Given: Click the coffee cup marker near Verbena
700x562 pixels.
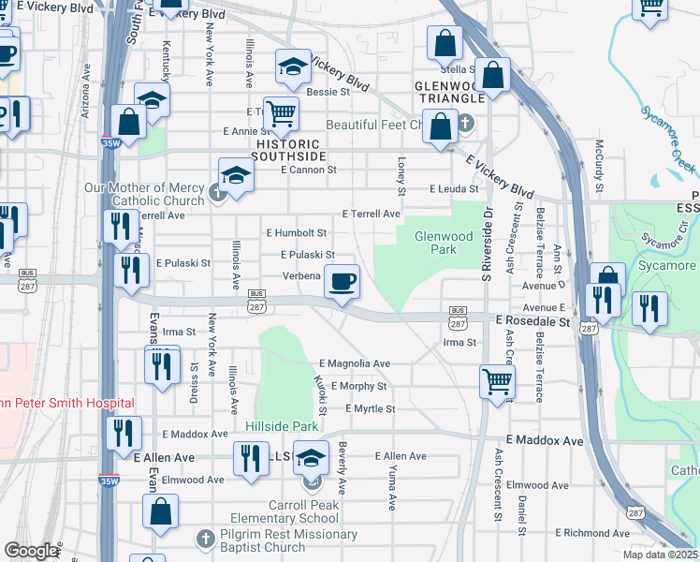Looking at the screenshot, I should [343, 280].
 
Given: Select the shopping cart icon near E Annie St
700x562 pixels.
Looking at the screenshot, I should [281, 114].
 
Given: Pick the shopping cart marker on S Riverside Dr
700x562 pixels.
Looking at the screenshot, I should [496, 380].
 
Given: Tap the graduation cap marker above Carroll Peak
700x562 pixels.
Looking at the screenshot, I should [311, 458].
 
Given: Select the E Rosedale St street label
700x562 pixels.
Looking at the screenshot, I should [532, 321].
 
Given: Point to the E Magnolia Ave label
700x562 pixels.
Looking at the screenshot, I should [355, 363].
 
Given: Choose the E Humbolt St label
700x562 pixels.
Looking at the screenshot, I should [297, 232].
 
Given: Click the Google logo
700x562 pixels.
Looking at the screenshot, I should [31, 551].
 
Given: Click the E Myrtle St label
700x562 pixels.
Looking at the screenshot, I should [370, 409].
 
